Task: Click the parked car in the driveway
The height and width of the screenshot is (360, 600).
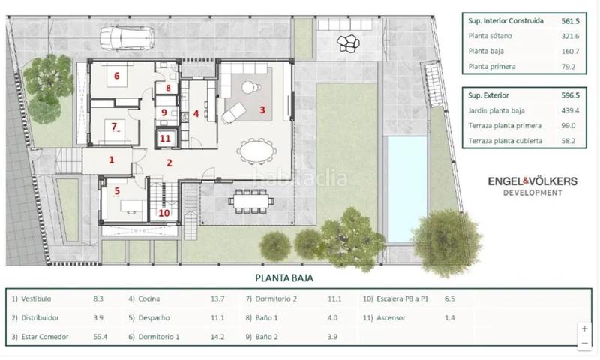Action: [x=127, y=37]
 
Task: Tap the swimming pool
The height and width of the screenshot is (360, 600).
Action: [x=406, y=189]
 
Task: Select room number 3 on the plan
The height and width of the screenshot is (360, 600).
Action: [x=262, y=110]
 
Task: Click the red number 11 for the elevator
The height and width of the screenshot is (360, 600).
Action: [x=165, y=139]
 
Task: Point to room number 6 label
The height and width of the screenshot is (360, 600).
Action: [x=117, y=76]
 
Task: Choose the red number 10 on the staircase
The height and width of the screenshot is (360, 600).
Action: [x=164, y=213]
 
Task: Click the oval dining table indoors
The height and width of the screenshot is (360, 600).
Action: [x=256, y=151]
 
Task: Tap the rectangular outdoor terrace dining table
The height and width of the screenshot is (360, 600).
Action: [x=251, y=200]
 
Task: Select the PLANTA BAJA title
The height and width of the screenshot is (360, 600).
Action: [x=284, y=277]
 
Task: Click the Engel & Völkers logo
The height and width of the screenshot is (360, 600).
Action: [x=532, y=185]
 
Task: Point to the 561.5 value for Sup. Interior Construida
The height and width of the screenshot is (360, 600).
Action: [x=570, y=21]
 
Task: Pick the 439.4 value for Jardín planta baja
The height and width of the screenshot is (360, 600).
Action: [x=570, y=110]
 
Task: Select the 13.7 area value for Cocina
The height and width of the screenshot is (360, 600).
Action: [x=217, y=298]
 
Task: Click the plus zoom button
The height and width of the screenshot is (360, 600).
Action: [x=585, y=328]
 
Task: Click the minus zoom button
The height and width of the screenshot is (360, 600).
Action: [x=585, y=343]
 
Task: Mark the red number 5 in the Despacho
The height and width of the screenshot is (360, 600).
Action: [x=117, y=191]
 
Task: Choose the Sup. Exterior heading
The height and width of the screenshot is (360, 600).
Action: [x=489, y=95]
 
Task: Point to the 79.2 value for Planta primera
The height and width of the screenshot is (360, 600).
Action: [x=568, y=67]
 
